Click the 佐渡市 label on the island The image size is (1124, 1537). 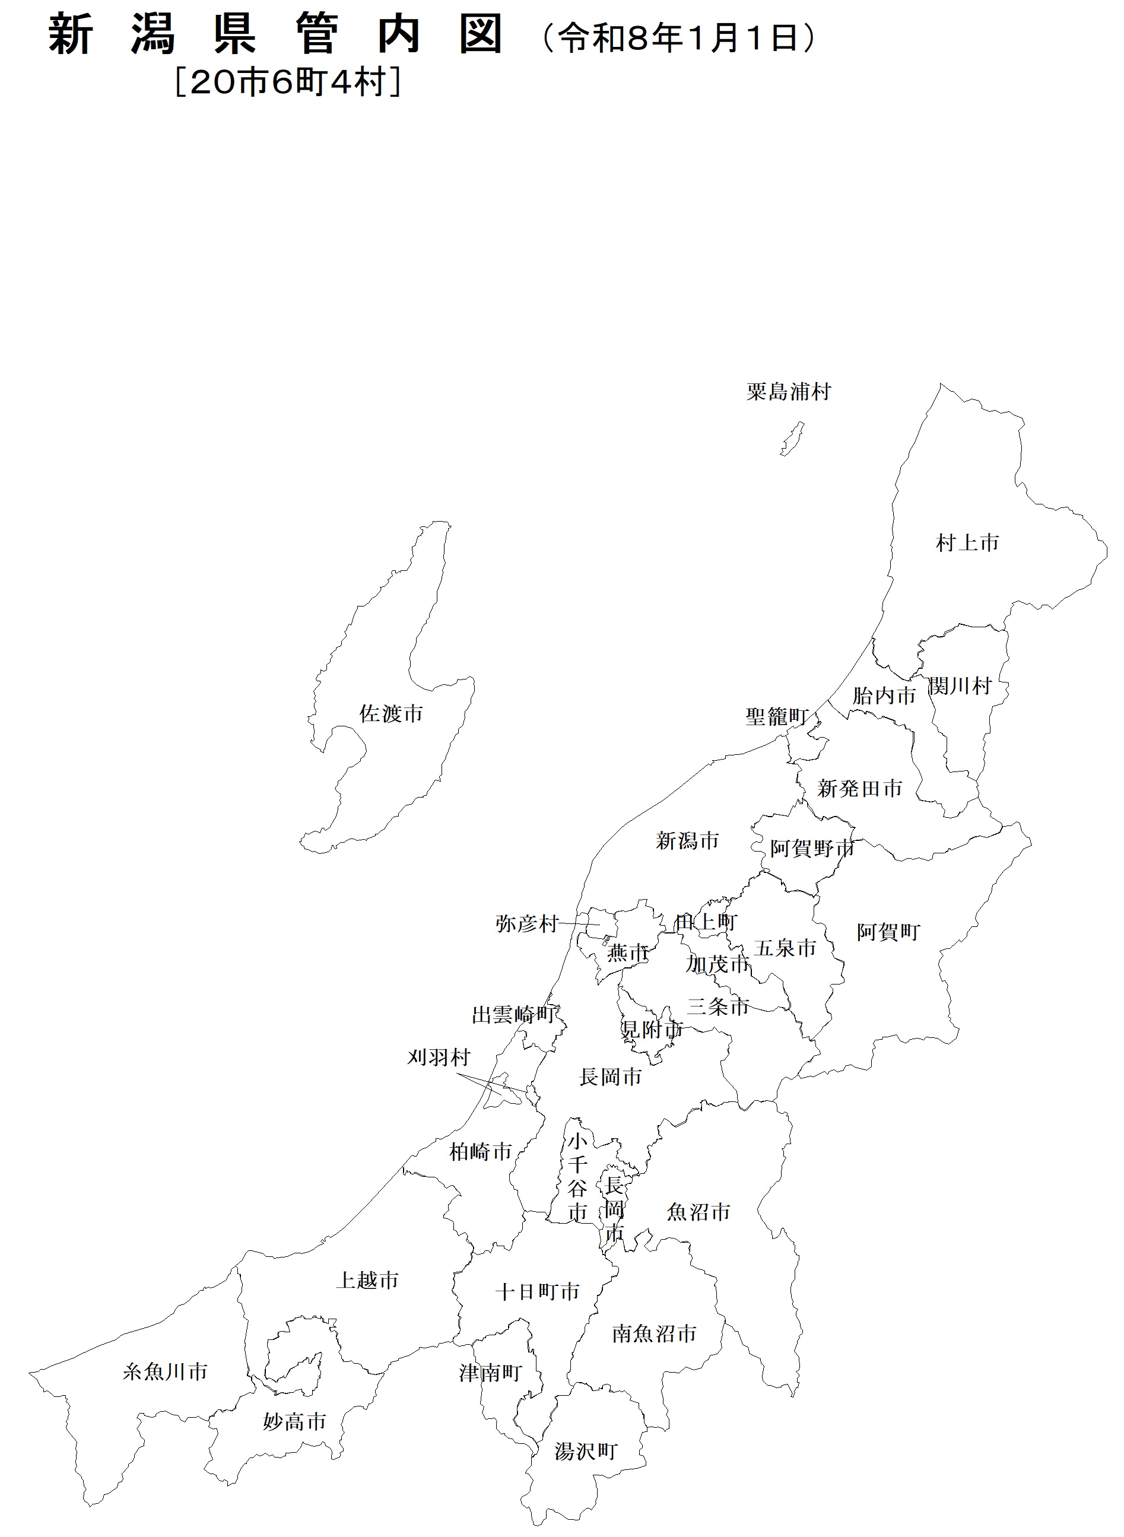click(x=391, y=713)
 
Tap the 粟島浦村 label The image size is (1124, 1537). click(x=789, y=391)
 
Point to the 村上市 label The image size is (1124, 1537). click(x=967, y=542)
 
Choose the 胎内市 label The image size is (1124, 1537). click(x=884, y=696)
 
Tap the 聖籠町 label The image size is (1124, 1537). click(x=776, y=716)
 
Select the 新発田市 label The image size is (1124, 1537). click(x=859, y=789)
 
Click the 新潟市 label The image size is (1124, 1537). click(x=687, y=841)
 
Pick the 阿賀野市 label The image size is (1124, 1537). click(x=812, y=849)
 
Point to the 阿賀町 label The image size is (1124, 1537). click(x=888, y=932)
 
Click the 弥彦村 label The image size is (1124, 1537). click(x=526, y=923)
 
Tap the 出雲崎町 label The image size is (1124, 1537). click(x=514, y=1015)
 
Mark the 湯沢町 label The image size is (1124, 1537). click(x=585, y=1452)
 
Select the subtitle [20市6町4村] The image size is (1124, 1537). click(x=288, y=82)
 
